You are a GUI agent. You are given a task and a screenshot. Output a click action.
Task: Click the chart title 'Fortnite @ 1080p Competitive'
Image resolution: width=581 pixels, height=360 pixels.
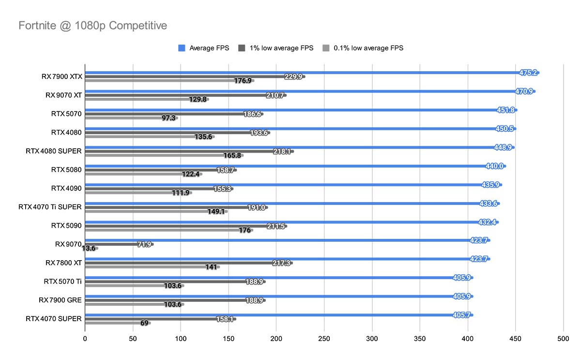point(92,26)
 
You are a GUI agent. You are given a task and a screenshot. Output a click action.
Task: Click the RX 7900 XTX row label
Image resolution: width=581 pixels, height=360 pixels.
point(61,77)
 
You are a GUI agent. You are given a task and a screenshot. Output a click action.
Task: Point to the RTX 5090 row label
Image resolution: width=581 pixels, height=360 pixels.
point(66,225)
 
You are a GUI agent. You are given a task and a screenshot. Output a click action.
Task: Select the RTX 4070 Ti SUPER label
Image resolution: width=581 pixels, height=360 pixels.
point(50,207)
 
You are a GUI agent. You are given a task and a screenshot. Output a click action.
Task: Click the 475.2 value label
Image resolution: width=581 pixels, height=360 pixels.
point(528,73)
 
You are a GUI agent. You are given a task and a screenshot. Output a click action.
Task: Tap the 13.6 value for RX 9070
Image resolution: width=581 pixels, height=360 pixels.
point(89,249)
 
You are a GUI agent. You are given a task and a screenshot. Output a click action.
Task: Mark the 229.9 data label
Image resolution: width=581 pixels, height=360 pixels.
point(294,77)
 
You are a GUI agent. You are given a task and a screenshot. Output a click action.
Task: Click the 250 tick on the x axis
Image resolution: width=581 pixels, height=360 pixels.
point(324,340)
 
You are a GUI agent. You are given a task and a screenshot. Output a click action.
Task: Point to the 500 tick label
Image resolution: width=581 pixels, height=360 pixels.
point(563,340)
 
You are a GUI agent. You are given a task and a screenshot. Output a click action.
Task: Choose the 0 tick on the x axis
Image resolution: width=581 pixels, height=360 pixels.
point(85,340)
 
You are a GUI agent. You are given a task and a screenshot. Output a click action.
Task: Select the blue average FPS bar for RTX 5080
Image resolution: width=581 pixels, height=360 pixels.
point(290,166)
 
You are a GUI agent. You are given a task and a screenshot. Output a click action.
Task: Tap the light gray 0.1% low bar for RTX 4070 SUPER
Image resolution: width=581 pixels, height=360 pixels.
point(111,323)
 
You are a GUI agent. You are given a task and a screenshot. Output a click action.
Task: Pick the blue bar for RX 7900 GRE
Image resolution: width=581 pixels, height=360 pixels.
point(266,296)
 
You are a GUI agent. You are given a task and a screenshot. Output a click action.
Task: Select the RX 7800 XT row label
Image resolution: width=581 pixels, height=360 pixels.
point(64,263)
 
